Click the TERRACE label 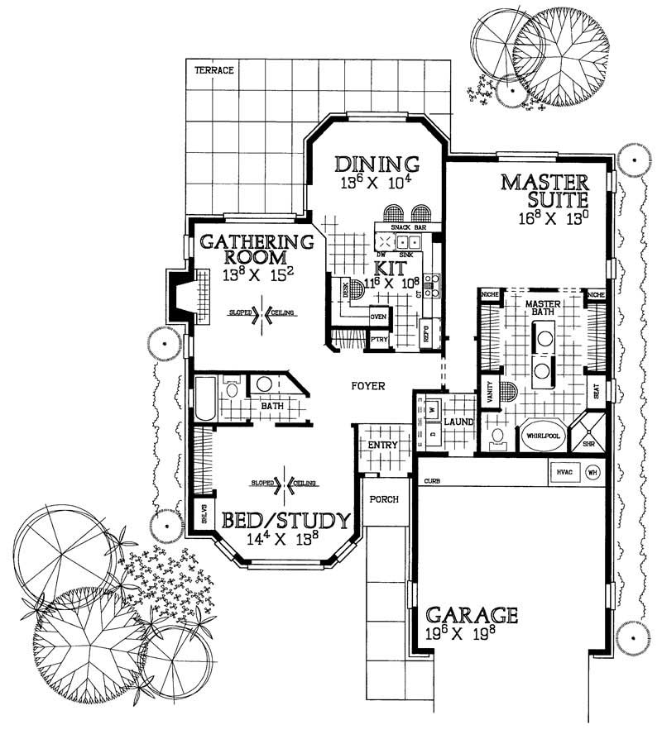(213, 71)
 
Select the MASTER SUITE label (544, 190)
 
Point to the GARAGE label (472, 616)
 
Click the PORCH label (386, 499)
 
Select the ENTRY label (383, 445)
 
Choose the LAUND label (458, 422)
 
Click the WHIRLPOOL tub (543, 434)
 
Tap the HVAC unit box (566, 472)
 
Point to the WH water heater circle (592, 473)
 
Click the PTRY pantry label (378, 339)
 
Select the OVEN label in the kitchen (379, 316)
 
